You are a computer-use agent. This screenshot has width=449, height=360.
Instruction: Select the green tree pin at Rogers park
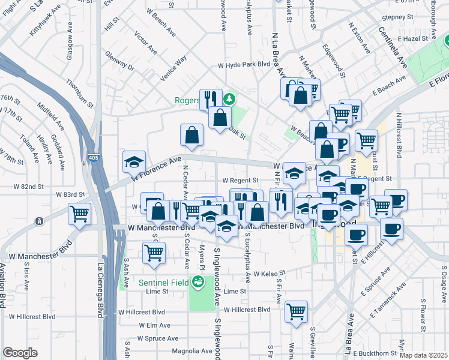(228, 98)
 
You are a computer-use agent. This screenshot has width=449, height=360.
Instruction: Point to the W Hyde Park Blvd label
(244, 64)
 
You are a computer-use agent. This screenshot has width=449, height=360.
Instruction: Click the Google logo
(20, 353)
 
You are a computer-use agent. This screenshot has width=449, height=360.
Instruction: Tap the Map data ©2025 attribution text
(423, 355)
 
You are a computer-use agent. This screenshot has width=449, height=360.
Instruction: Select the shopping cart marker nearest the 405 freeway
(80, 214)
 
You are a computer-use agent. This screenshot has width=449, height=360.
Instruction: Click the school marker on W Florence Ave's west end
(134, 161)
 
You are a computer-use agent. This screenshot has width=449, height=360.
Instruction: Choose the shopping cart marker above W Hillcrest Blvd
(296, 311)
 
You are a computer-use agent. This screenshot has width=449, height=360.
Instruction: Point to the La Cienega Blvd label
(98, 290)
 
